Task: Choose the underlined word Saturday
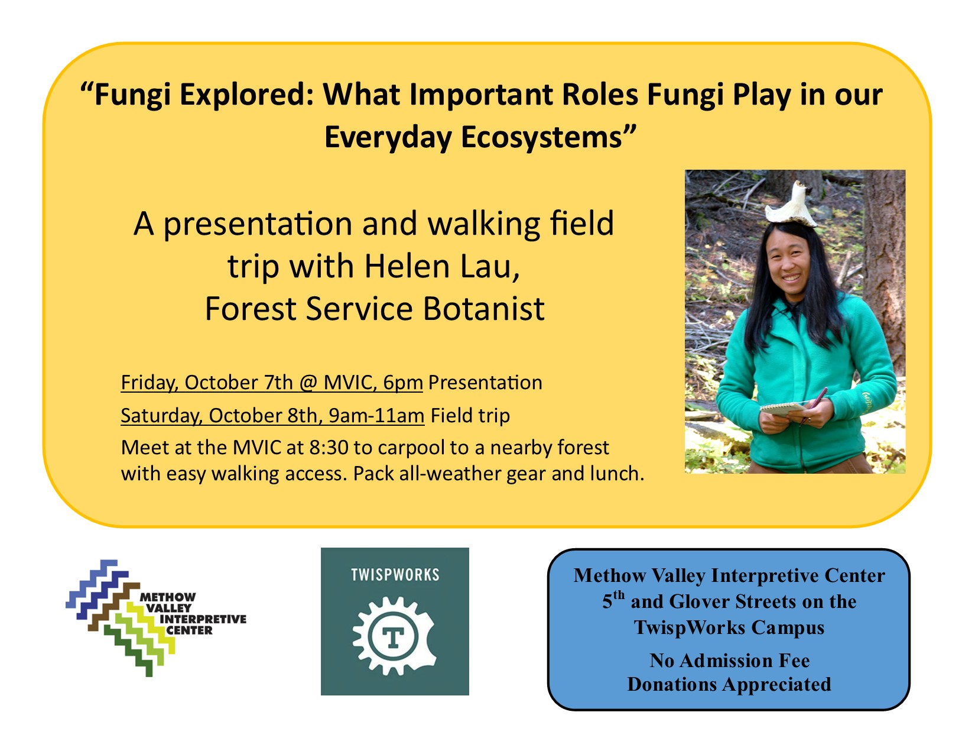160,415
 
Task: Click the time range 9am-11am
376,415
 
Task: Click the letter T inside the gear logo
393,636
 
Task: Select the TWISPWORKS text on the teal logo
395,574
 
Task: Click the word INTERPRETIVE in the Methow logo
203,619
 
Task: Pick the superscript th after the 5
619,595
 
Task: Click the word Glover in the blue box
698,602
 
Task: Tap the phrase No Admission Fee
729,661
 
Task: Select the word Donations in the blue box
672,684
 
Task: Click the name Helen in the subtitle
407,266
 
